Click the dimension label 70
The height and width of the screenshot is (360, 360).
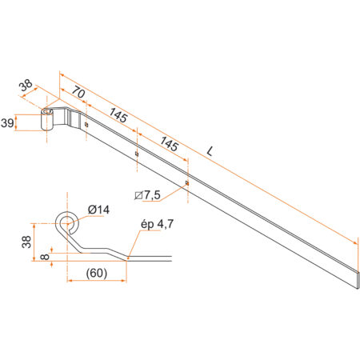pos(78,93)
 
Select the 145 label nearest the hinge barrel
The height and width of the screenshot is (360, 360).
pos(118,115)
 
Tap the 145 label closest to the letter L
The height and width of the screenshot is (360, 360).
pos(169,144)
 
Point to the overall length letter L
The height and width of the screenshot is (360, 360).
pos(210,151)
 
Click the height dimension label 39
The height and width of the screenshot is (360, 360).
pos(7,123)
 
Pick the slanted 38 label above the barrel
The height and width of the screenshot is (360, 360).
pos(26,86)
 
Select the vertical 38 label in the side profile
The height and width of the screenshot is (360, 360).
pos(26,242)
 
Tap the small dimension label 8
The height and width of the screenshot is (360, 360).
pos(45,257)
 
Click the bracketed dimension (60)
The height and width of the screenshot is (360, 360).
pos(97,273)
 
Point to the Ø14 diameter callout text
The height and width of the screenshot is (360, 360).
pos(98,210)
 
